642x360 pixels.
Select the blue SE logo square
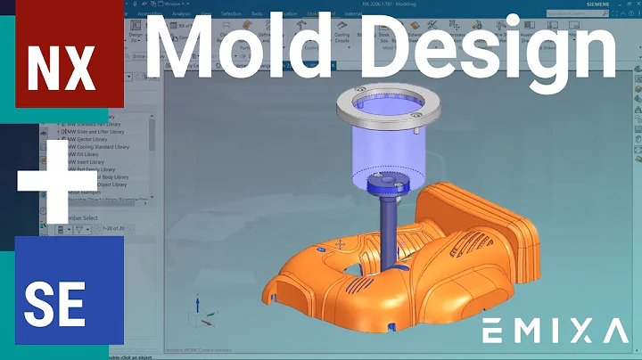(x=62, y=293)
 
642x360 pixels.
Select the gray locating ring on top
(x=384, y=112)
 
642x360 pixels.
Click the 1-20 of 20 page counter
(x=113, y=228)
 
